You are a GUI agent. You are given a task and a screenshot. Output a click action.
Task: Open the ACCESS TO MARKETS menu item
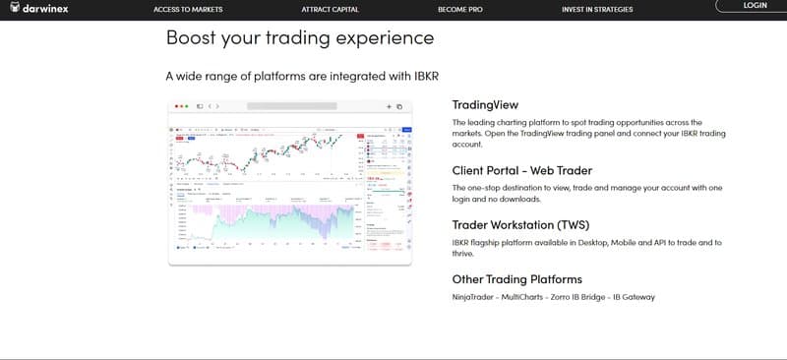(x=188, y=9)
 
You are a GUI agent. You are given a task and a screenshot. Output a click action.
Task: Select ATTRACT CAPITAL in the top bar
(x=330, y=9)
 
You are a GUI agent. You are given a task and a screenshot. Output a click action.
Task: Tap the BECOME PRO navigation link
(x=460, y=9)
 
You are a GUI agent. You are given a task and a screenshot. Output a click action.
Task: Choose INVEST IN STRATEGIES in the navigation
(x=597, y=9)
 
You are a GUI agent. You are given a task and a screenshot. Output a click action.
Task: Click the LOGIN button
(x=755, y=6)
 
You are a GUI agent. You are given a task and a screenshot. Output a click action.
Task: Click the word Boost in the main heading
(x=192, y=38)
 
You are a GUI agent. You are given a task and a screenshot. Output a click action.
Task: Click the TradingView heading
(x=484, y=104)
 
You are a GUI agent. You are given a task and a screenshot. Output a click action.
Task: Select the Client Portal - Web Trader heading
(x=522, y=170)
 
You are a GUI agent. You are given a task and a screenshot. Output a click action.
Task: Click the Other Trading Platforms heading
(x=516, y=279)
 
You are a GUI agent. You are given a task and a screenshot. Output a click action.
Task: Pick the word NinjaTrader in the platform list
(x=474, y=297)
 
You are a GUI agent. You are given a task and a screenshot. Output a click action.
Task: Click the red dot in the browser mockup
(x=177, y=105)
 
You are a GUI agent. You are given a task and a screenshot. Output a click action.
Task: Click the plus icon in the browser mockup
(x=389, y=105)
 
